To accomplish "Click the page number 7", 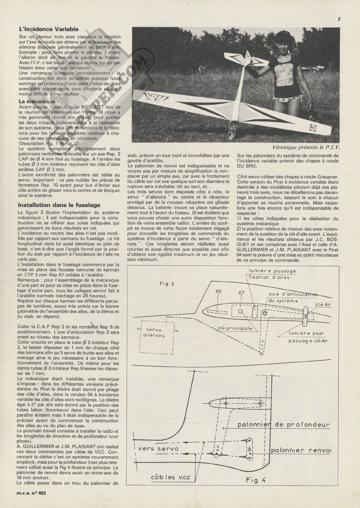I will point(339,19).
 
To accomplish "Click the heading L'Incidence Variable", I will point(49,29).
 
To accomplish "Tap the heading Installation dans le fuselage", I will point(59,205).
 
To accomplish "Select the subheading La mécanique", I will point(38,101).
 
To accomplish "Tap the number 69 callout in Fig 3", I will point(218,292).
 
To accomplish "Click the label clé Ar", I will point(323,305).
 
